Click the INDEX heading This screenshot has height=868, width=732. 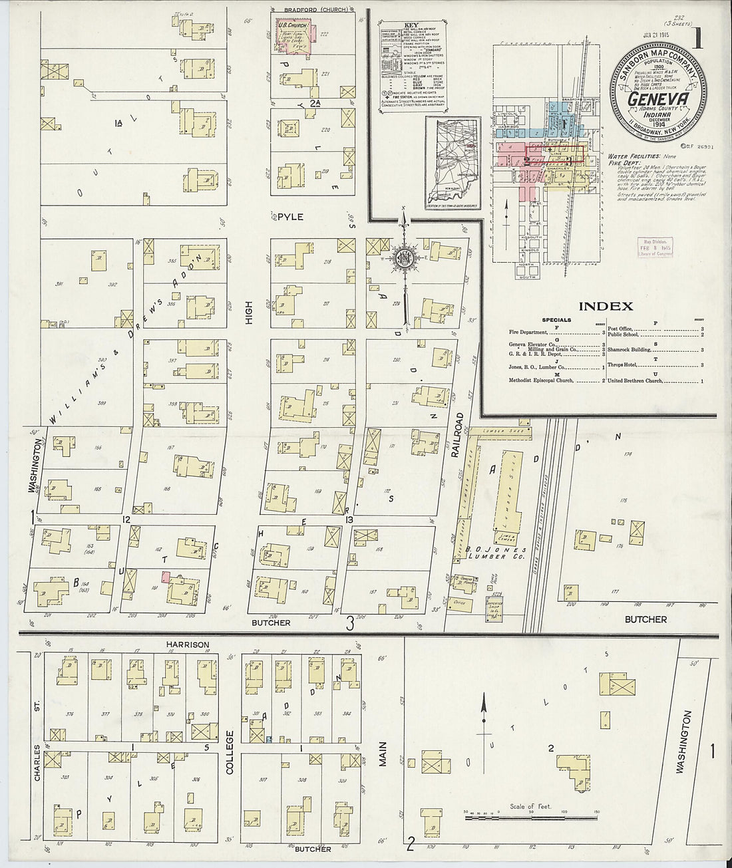[x=605, y=307]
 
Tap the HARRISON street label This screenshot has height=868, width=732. [x=191, y=645]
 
